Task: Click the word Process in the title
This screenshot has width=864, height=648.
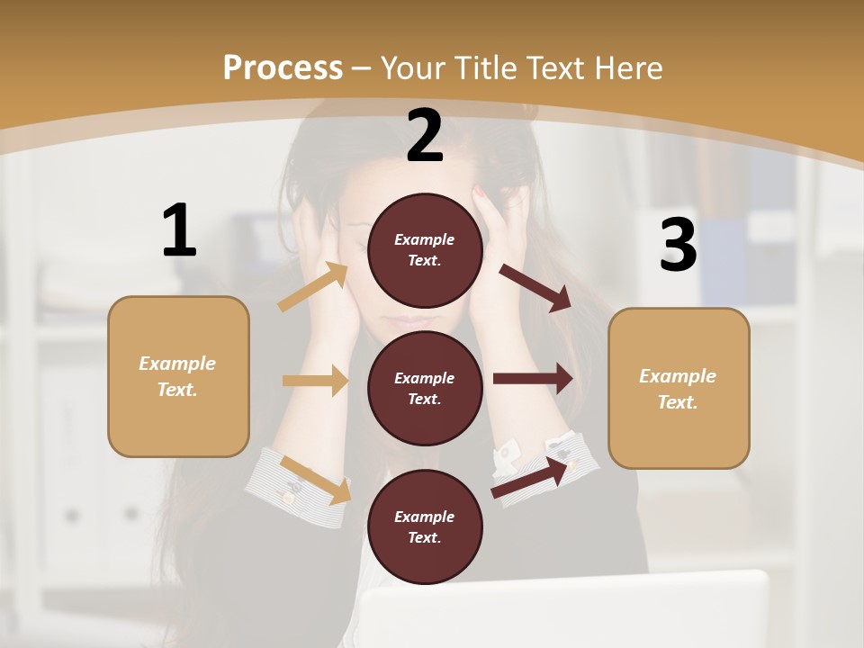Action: coord(283,68)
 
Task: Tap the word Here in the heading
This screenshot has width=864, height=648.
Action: coord(627,68)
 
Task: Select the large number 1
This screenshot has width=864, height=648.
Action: coord(179,231)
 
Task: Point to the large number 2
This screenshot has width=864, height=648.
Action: coord(425,136)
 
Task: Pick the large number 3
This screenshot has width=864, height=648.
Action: coord(678,245)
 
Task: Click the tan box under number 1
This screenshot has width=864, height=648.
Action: coord(178,376)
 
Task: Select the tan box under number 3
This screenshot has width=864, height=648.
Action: coord(679,388)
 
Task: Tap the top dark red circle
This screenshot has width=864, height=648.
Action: coord(425,250)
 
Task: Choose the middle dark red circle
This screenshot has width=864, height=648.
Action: coord(425,388)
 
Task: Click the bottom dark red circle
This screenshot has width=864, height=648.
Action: coord(425,526)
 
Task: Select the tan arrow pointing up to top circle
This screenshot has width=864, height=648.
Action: coord(313,287)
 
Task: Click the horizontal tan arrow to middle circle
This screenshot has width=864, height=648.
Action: coord(315,381)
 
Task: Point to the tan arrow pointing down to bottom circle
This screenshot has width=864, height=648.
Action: coord(315,480)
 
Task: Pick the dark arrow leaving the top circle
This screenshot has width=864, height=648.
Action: coord(535,287)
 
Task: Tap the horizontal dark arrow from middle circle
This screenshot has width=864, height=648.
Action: coord(533,379)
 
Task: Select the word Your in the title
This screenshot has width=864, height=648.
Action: coord(417,68)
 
